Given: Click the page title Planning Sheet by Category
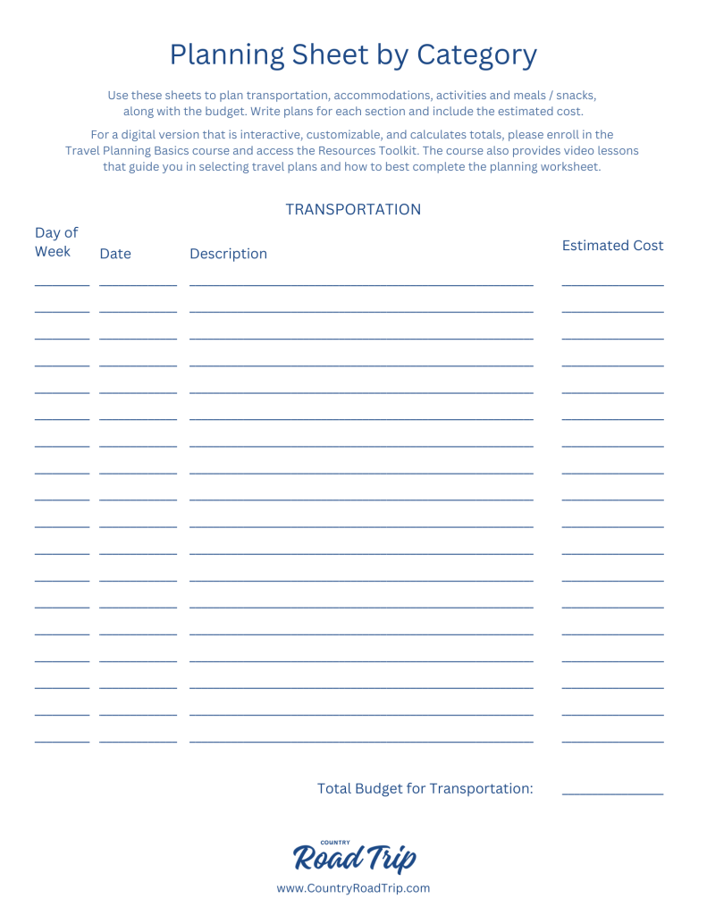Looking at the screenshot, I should (x=353, y=55).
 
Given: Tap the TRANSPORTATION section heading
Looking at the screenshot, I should (x=353, y=209).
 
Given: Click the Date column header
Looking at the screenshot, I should (x=115, y=254).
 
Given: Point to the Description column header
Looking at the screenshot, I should (x=228, y=254).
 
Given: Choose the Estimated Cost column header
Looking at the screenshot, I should (x=612, y=246).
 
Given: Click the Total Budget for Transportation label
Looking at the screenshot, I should (x=425, y=788).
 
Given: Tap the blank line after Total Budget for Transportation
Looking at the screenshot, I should (x=612, y=793).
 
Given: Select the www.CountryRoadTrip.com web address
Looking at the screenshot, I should (x=353, y=888).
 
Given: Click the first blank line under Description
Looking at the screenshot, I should (x=361, y=285).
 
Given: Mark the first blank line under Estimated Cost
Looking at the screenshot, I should (x=612, y=285).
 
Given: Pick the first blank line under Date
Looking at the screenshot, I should (x=138, y=285).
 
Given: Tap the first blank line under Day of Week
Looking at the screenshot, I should (x=62, y=285).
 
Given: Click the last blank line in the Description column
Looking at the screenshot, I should (x=361, y=741).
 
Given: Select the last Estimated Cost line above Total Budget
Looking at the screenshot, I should (x=612, y=741).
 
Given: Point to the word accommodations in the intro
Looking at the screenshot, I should (x=387, y=95).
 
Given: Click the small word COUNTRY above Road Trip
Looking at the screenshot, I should (x=335, y=842).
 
